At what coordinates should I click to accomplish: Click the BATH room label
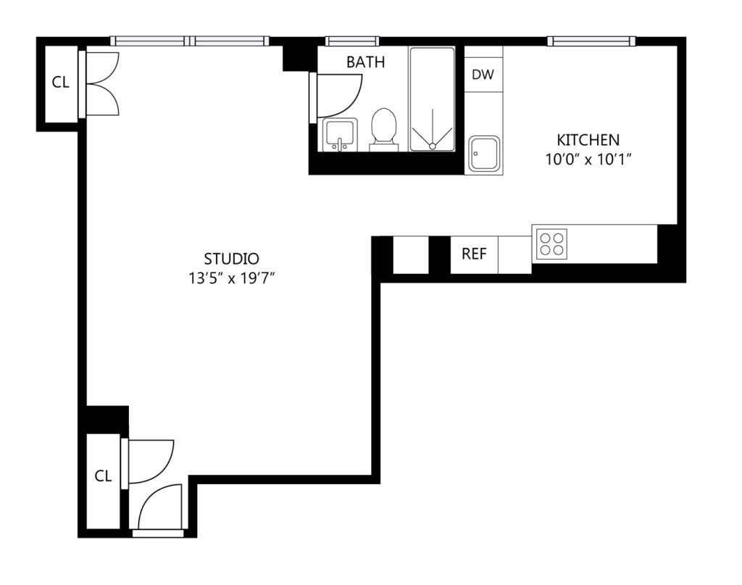365,62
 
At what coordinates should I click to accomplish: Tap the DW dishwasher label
483,75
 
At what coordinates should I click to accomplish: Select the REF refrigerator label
474,254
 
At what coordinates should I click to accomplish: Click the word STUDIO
231,259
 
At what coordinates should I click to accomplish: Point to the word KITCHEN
588,140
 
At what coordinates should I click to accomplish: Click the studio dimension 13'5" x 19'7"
232,279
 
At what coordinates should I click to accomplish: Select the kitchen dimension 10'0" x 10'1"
588,160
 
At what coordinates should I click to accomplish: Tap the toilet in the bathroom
383,129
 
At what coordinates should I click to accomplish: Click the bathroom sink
339,135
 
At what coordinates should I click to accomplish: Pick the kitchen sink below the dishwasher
484,154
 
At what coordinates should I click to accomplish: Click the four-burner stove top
551,244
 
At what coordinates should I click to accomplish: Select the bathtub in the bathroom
432,99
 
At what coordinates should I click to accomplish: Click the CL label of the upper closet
60,83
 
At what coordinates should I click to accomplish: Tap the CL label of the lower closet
103,476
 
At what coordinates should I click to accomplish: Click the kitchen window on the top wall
591,41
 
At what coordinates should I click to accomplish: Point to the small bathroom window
352,41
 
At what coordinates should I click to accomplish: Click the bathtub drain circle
432,146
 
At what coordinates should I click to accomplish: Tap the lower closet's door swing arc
163,468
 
